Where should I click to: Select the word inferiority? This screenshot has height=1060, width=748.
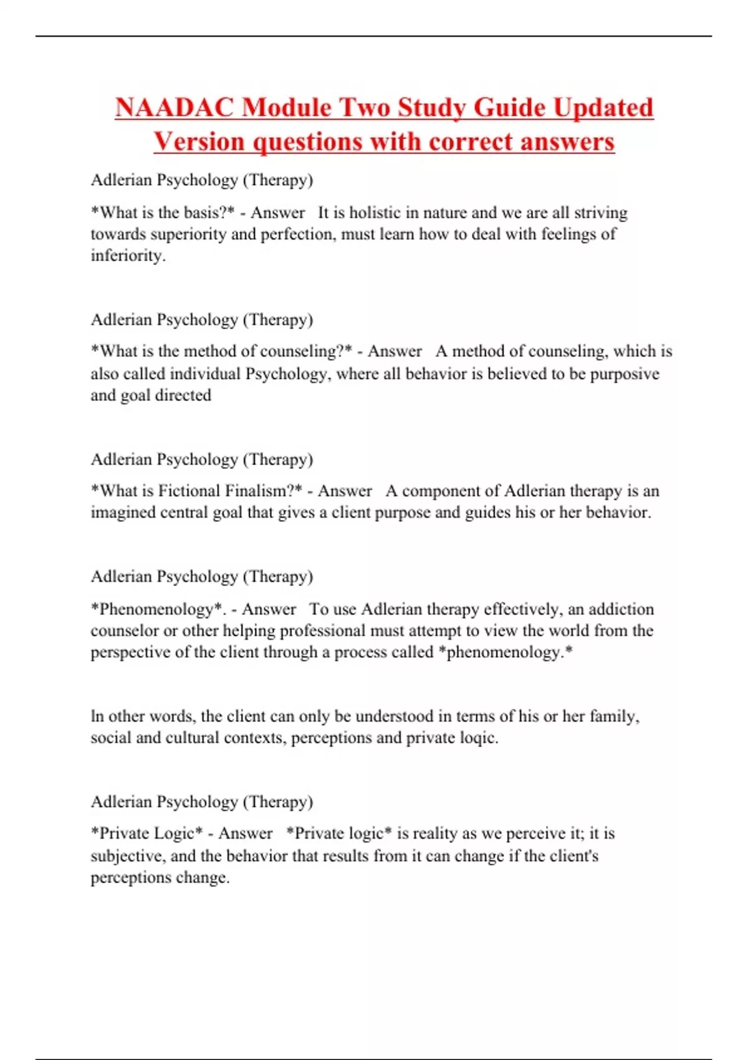[x=127, y=256]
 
